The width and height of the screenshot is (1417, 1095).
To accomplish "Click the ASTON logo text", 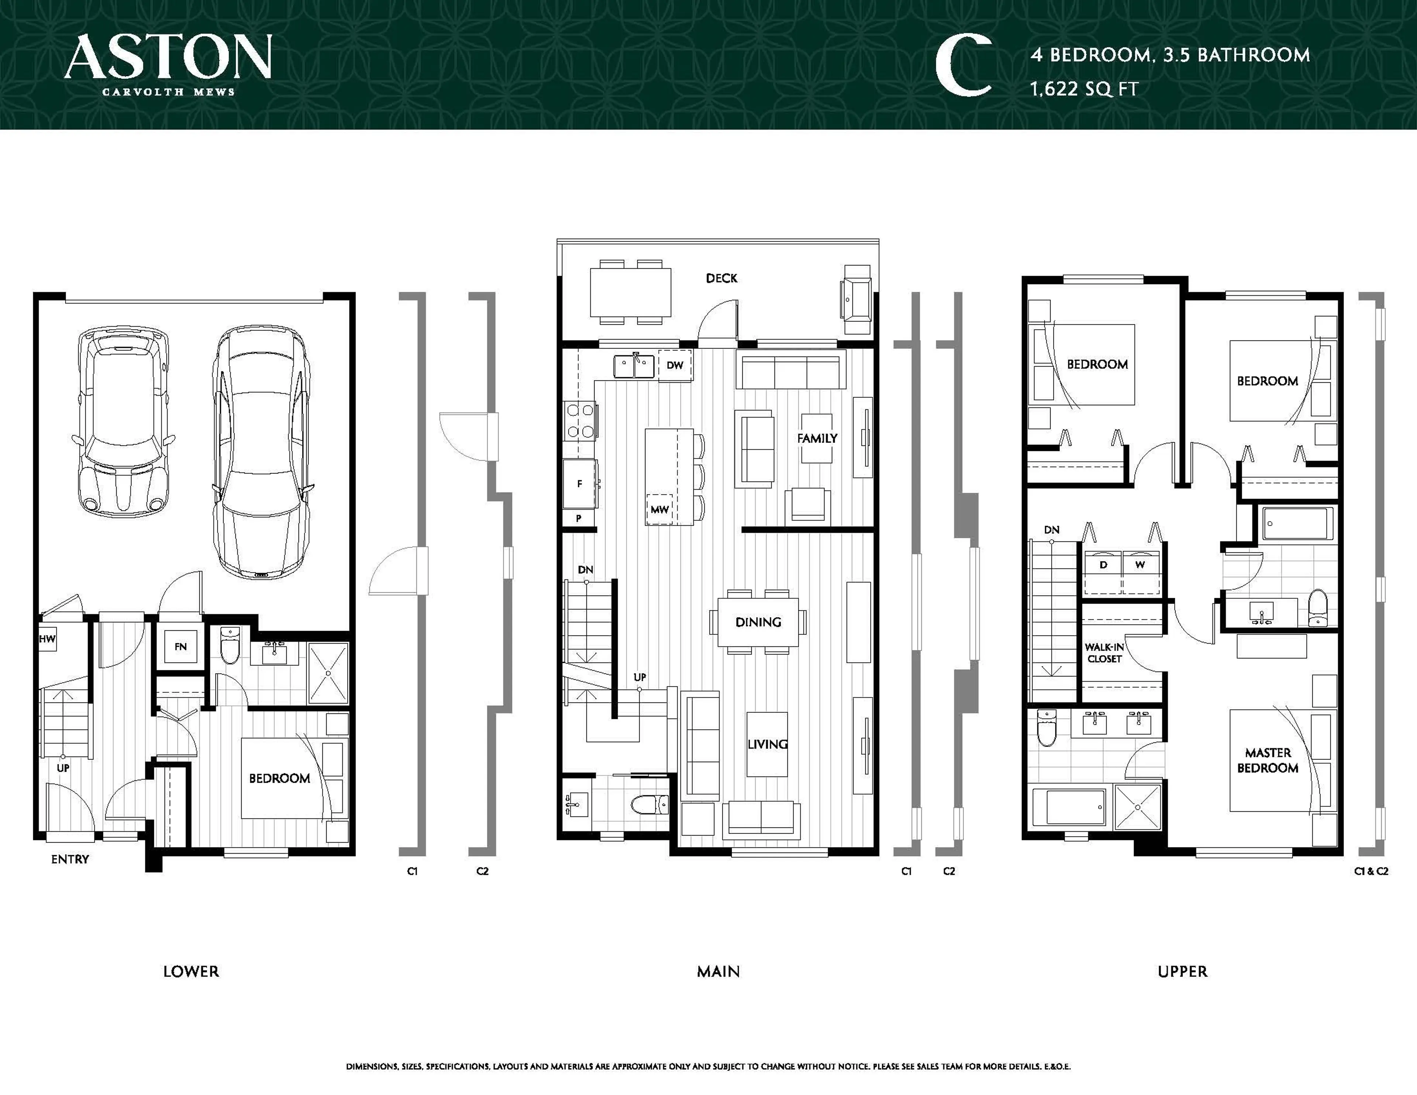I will coord(168,57).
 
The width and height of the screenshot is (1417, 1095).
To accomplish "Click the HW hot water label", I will coord(47,639).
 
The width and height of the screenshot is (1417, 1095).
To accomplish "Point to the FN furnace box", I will coord(180,647).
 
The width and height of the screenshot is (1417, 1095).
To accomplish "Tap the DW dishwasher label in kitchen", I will coord(675,365).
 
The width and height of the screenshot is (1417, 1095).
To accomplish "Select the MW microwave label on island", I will coord(659,510).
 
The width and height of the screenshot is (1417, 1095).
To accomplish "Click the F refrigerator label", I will coord(579,483).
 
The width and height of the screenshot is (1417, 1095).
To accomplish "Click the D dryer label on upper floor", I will coord(1103,565).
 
